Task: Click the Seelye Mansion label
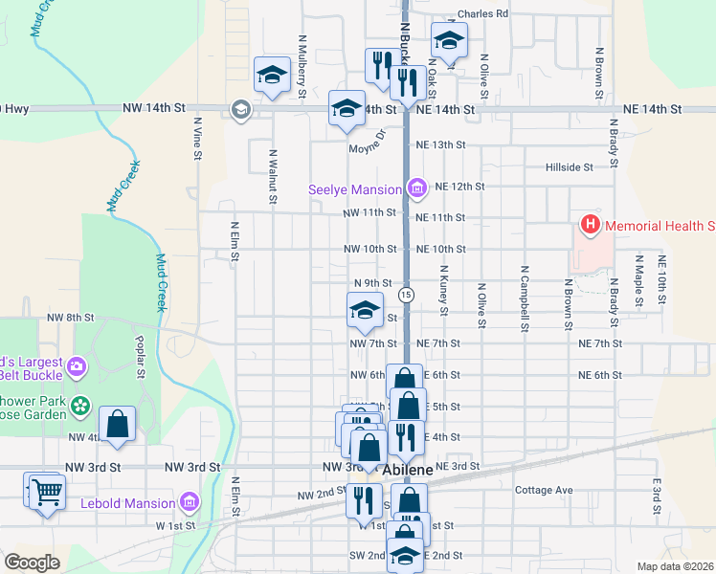[353, 189]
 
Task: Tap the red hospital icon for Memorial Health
[591, 226]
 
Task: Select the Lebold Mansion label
[129, 502]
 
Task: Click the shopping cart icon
[46, 493]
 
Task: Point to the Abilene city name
[409, 472]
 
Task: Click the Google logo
[31, 563]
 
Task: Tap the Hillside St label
[570, 167]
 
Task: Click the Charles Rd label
[482, 14]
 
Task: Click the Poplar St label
[140, 354]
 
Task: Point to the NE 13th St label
[439, 144]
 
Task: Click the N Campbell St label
[526, 299]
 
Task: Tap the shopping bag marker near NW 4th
[117, 425]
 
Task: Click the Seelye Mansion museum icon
[415, 188]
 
